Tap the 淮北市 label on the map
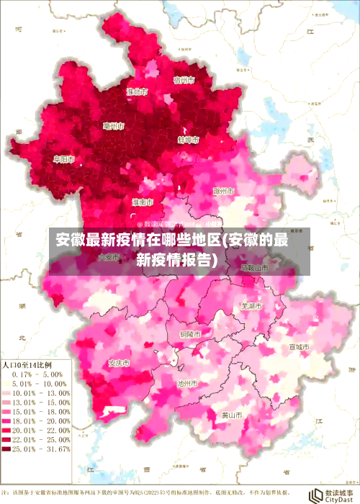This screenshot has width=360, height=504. coord(137,91)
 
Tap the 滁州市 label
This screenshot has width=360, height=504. coord(225,192)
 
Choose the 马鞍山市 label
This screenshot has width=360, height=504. coord(253,266)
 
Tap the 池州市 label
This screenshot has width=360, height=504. coord(188,384)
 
